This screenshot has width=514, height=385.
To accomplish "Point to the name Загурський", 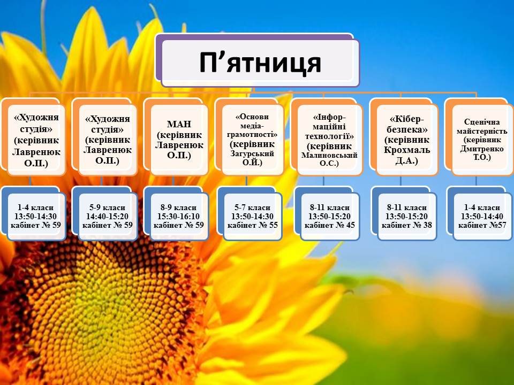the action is point(252,153).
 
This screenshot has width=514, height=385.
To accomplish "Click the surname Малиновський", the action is point(329,155).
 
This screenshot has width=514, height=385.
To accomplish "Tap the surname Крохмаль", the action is point(407,150).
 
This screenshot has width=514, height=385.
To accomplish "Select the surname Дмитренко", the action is point(482,149).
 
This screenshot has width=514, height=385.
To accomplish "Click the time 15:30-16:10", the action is point(178,217).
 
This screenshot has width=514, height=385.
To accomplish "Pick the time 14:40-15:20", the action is point(107,217).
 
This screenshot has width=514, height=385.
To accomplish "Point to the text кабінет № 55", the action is point(252,225).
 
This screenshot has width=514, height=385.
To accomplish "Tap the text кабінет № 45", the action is point(329,225).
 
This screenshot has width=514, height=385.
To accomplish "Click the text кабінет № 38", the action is point(407,225).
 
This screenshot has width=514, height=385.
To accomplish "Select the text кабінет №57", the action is point(482,225).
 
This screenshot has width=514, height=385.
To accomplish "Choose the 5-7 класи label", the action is point(252,207).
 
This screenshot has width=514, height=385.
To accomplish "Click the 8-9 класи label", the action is point(178,207).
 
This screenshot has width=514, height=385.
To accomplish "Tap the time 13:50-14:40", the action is point(482,217).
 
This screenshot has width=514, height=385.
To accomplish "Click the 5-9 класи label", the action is point(107,207).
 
